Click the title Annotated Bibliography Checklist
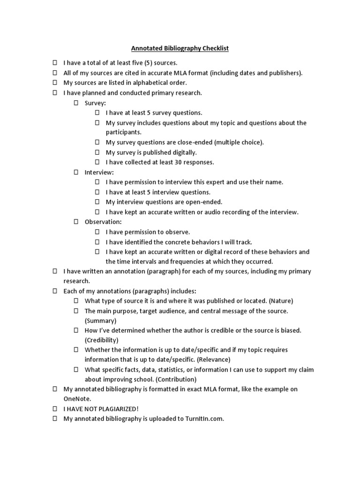tap(180, 48)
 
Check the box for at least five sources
tap(54, 63)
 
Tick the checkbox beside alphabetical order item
tap(54, 82)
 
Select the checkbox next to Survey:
tap(76, 103)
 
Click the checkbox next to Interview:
tap(76, 172)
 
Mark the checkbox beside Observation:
tap(76, 222)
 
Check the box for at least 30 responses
tap(97, 162)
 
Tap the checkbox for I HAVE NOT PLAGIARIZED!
tap(54, 409)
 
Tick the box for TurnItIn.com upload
tap(54, 419)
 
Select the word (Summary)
tap(100, 321)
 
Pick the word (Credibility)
tap(102, 340)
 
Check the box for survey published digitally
tap(97, 152)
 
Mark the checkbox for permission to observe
tap(97, 232)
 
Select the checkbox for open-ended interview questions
tap(97, 202)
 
